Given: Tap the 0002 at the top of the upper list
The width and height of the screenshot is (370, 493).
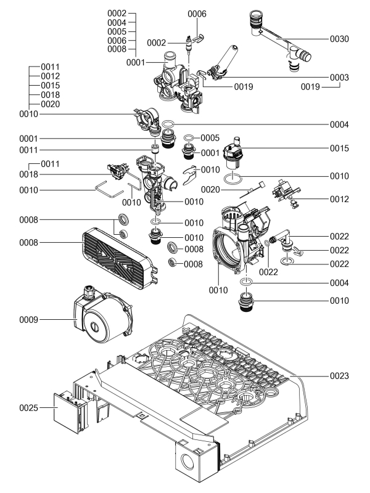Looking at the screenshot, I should click(x=117, y=13).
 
